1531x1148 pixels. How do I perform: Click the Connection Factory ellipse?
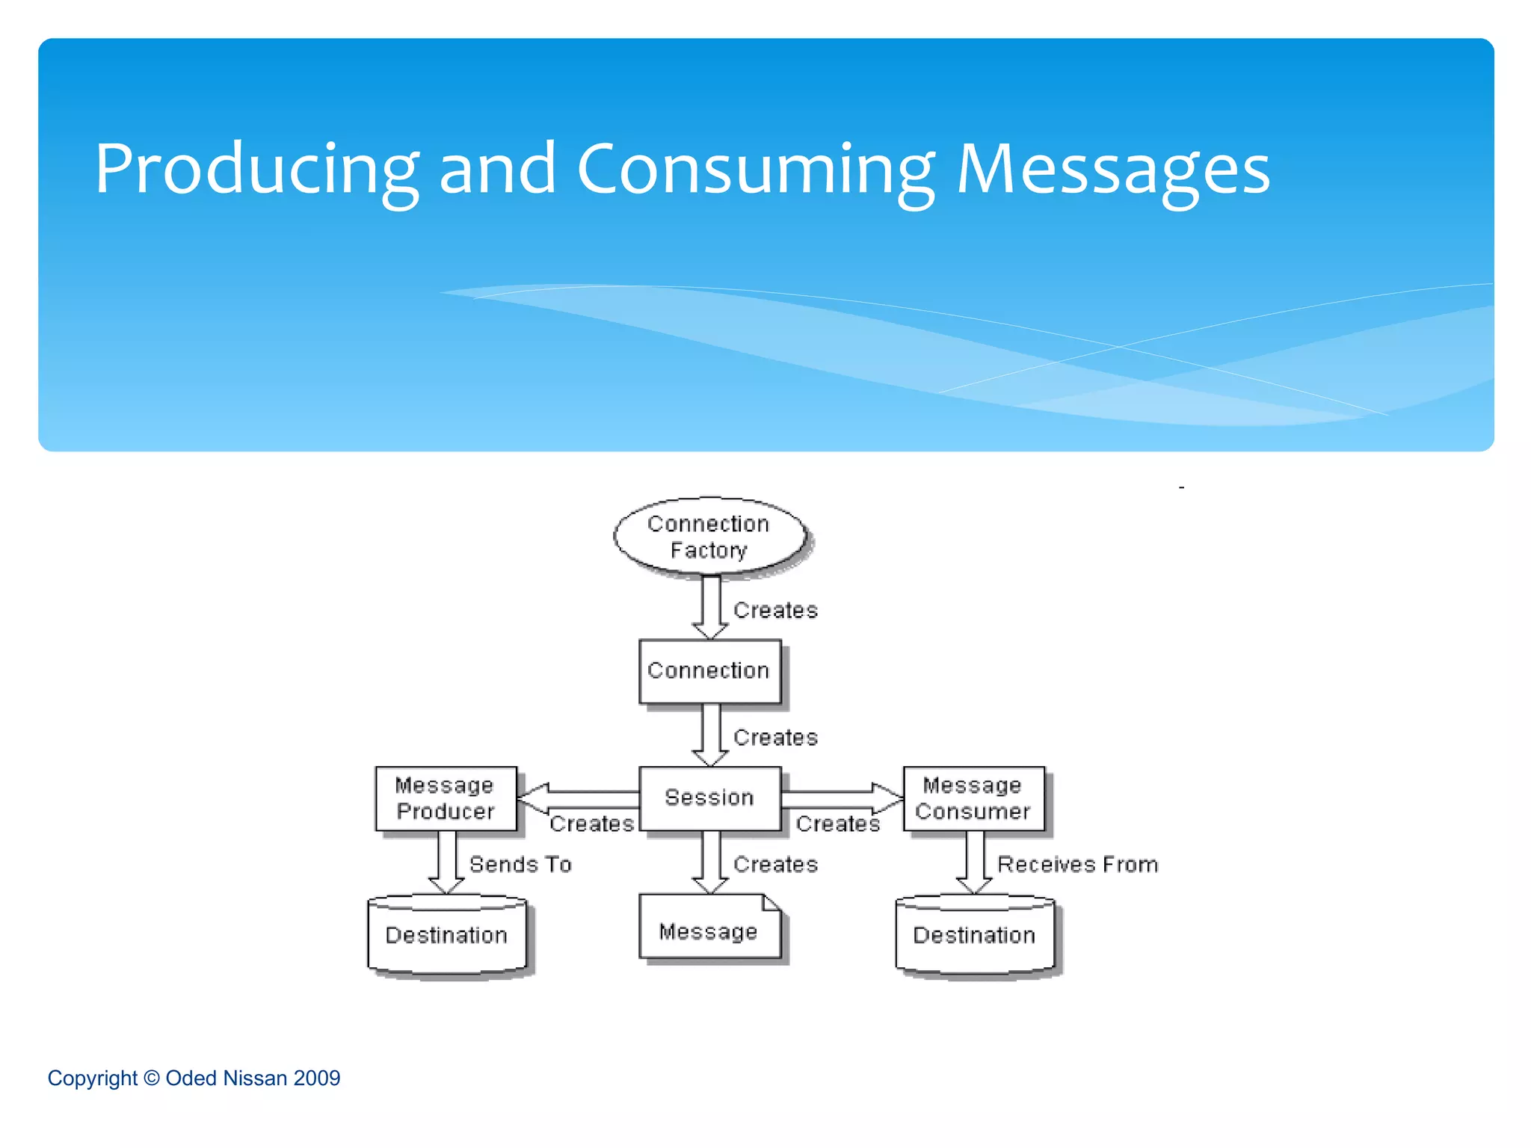click(x=709, y=536)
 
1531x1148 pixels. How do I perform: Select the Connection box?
click(x=709, y=670)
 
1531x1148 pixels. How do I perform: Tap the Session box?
click(x=709, y=797)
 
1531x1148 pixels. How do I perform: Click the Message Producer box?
click(x=446, y=798)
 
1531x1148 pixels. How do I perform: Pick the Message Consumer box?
click(x=973, y=798)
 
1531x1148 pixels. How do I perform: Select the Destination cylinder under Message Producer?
click(x=447, y=935)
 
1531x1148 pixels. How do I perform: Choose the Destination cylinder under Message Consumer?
click(x=975, y=935)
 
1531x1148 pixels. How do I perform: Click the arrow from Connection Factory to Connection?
click(x=711, y=607)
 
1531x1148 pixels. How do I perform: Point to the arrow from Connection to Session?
click(x=711, y=735)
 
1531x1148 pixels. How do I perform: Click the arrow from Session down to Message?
click(x=711, y=862)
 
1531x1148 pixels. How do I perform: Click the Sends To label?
click(x=520, y=864)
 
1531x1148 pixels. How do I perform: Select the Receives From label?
click(x=1077, y=864)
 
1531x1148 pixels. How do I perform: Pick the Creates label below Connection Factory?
click(x=775, y=610)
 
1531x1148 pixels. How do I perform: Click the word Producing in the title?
click(x=256, y=170)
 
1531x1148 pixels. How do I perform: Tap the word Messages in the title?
click(x=1113, y=170)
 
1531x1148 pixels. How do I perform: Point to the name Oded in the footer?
click(x=191, y=1078)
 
